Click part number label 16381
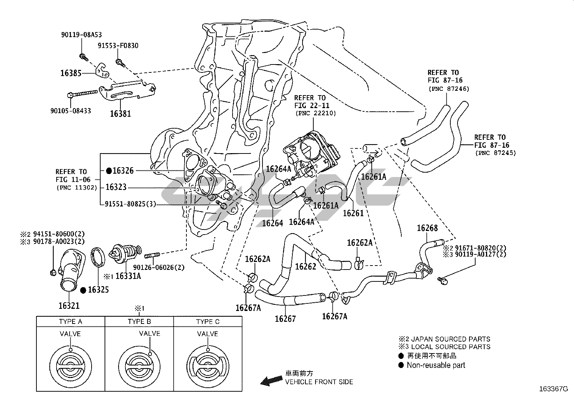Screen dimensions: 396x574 click(x=120, y=114)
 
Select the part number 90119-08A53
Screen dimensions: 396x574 click(x=81, y=35)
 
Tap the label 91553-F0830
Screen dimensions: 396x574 click(x=118, y=46)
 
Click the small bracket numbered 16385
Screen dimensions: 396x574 click(x=103, y=70)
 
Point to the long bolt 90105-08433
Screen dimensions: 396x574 click(x=84, y=94)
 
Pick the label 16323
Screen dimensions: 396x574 click(x=116, y=187)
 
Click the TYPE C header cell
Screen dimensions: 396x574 click(x=208, y=321)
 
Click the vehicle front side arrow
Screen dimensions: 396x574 click(x=272, y=380)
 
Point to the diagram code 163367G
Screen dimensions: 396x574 click(x=553, y=389)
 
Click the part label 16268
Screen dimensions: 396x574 click(x=427, y=228)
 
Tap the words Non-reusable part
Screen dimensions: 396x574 click(x=436, y=365)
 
